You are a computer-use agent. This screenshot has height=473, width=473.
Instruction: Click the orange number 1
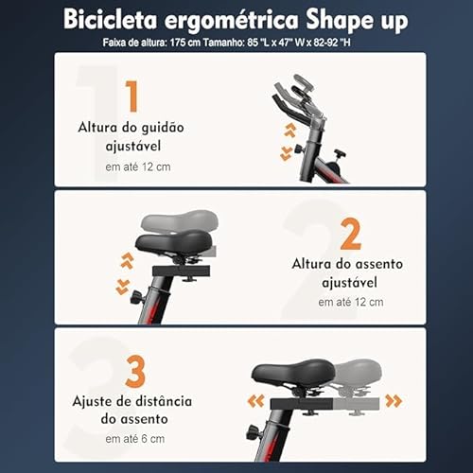131,96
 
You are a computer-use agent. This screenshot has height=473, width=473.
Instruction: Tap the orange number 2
350,234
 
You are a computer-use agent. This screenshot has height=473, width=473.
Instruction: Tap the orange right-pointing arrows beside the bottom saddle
393,401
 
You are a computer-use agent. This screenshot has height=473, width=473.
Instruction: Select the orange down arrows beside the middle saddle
122,286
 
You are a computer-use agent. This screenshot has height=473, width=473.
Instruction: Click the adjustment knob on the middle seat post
135,297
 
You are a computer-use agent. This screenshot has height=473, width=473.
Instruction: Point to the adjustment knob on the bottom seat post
252,433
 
